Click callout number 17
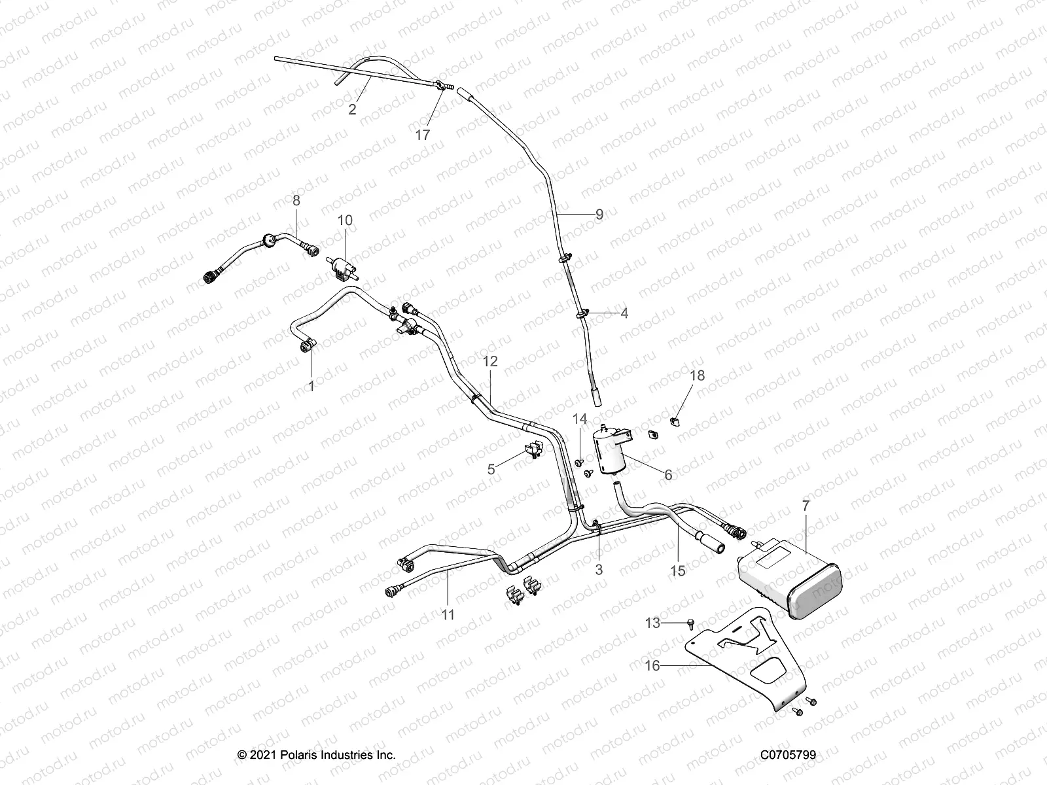tap(423, 135)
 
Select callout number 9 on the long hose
tap(599, 213)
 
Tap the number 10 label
tap(345, 220)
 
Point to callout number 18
tap(698, 375)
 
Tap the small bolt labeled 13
tap(691, 624)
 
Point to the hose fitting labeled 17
tap(442, 85)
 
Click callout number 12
tap(490, 361)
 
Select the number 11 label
tap(448, 615)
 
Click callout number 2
tap(352, 110)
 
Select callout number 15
tap(678, 570)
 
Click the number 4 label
tap(624, 313)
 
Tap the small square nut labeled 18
tap(678, 419)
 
